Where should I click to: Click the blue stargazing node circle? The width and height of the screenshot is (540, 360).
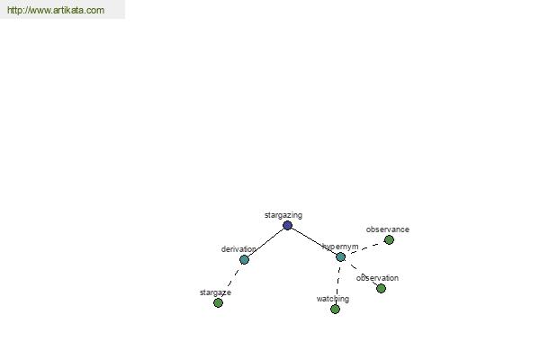[x=288, y=226]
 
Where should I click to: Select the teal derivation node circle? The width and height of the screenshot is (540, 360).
[x=244, y=259]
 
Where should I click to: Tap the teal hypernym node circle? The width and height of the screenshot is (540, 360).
[x=340, y=257]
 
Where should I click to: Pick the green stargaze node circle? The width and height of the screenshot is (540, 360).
[x=218, y=302]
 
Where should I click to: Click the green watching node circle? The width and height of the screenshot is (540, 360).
[x=335, y=309]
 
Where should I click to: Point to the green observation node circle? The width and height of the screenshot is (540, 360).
[x=381, y=288]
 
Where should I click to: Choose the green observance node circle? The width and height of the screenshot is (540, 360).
[x=389, y=239]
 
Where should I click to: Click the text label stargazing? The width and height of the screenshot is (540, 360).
[x=283, y=215]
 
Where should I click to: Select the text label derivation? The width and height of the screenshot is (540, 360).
[x=238, y=248]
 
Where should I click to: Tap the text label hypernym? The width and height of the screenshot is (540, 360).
[x=340, y=247]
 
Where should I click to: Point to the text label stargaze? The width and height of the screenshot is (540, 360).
[x=215, y=292]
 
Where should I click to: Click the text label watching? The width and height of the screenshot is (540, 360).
[x=333, y=299]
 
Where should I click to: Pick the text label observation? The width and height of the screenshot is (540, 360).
[x=377, y=278]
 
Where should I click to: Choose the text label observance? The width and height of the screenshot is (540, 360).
[x=388, y=229]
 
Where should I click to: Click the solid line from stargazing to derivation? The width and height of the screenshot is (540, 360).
[x=265, y=242]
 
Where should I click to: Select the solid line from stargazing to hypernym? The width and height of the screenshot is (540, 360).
[x=314, y=241]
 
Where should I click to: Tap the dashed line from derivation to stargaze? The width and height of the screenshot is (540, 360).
[x=231, y=281]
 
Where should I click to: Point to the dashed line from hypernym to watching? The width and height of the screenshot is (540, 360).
[x=337, y=283]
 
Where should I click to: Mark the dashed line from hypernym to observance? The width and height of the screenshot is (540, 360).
[x=364, y=248]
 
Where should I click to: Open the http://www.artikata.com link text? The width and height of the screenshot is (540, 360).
[x=56, y=10]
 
